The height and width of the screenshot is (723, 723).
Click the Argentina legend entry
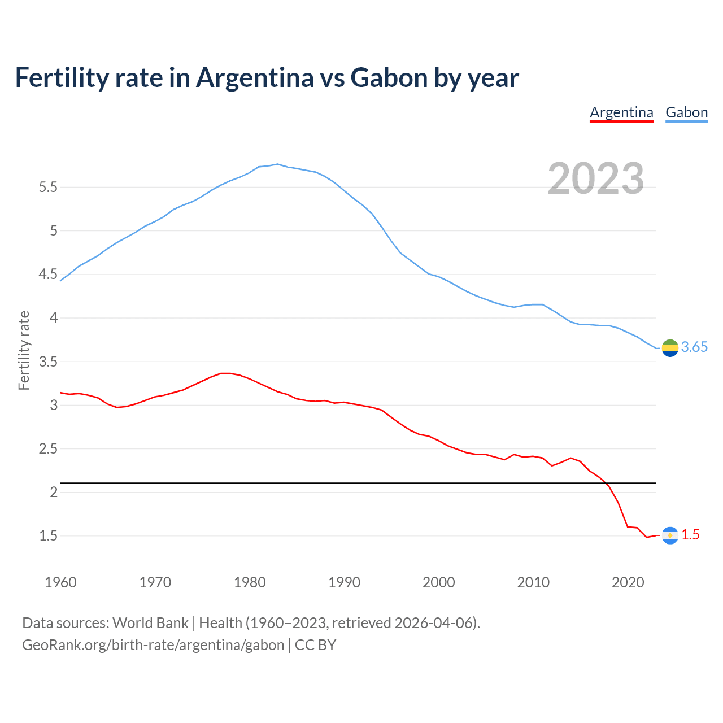(621, 112)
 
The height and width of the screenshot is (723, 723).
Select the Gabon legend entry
(686, 112)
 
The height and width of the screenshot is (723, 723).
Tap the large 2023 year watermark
(596, 178)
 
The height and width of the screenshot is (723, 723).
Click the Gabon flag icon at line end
(670, 348)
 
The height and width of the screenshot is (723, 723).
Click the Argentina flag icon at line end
(670, 535)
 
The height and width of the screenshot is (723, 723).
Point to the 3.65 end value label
(694, 347)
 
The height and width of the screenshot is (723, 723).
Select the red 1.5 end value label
(690, 535)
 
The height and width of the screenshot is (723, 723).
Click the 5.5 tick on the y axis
(48, 187)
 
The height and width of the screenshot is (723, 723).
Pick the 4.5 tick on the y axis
(48, 275)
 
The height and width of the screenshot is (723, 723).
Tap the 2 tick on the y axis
(54, 492)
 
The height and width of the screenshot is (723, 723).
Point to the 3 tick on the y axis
(54, 405)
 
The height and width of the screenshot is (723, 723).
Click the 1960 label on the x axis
(60, 582)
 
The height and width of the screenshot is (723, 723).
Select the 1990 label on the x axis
(344, 582)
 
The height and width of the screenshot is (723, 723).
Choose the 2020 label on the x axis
(628, 582)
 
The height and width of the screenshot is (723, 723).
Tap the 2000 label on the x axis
(438, 582)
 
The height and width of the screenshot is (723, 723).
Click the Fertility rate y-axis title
(24, 350)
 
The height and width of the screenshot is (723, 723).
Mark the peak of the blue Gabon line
(277, 164)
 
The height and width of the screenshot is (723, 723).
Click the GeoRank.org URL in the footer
(153, 645)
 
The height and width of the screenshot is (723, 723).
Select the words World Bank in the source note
(150, 623)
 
